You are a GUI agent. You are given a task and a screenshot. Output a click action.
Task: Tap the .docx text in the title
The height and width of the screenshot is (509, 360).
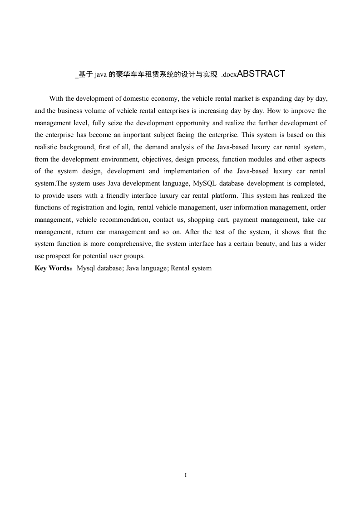229,75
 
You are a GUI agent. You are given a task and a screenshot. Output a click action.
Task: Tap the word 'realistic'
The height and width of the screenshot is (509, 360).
47,147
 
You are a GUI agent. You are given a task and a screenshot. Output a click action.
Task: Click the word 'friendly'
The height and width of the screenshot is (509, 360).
104,196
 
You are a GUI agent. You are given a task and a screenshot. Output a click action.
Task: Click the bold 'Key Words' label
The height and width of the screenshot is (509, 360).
52,268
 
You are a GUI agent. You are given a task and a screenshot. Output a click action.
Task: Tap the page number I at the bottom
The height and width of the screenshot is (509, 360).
186,475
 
